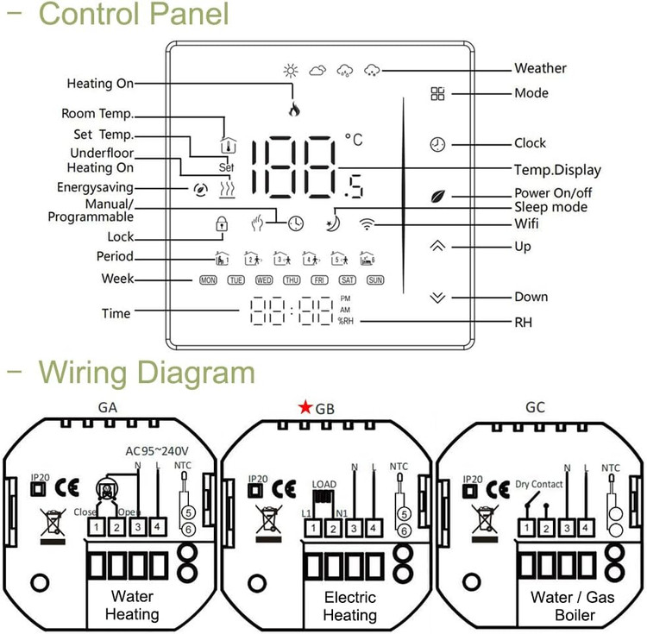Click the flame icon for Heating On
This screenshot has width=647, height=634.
(294, 110)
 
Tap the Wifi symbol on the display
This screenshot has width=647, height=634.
(368, 225)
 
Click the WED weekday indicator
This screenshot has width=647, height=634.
(264, 279)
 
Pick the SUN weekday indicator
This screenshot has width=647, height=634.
(375, 279)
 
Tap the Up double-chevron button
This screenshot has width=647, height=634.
(437, 246)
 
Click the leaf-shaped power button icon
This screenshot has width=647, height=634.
(437, 195)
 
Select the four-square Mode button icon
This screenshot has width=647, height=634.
(438, 93)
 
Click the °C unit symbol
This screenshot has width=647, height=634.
(354, 138)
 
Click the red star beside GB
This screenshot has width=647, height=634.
(306, 408)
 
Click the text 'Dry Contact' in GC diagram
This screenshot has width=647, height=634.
(539, 485)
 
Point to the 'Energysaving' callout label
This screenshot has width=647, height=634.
(95, 187)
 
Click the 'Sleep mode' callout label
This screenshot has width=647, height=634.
(550, 207)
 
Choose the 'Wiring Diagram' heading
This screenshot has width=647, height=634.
(147, 373)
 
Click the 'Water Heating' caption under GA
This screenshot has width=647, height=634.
(132, 606)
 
